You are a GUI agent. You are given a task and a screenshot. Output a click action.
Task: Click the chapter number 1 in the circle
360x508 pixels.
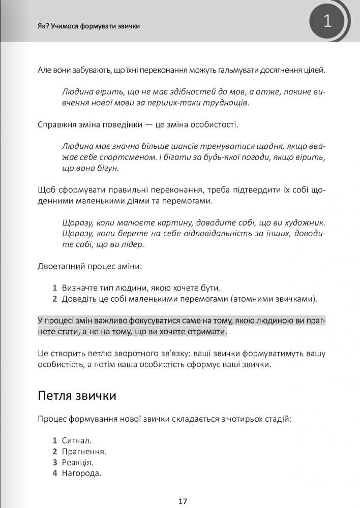click(x=327, y=21)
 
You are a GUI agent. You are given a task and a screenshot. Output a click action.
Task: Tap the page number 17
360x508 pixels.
click(x=183, y=501)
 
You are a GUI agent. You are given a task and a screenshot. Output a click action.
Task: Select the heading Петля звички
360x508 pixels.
click(x=77, y=395)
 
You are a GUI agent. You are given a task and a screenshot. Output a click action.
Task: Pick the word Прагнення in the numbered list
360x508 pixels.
click(x=83, y=452)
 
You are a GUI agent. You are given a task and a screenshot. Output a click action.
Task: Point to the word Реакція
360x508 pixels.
click(x=77, y=462)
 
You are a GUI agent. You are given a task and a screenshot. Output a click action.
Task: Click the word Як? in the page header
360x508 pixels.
click(x=44, y=26)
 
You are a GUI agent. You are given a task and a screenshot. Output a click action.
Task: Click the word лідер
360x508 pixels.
click(x=133, y=244)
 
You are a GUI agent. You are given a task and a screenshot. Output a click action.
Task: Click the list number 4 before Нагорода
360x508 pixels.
click(x=54, y=473)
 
